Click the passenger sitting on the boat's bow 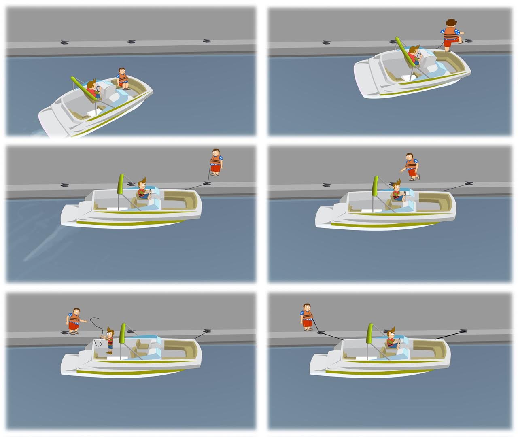[x=123, y=77]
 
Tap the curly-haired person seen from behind [x=451, y=34]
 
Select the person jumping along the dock [x=412, y=166]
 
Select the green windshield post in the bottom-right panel [x=370, y=333]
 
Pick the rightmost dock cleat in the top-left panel [x=207, y=41]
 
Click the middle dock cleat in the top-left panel [x=131, y=41]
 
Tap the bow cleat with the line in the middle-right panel [x=469, y=183]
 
